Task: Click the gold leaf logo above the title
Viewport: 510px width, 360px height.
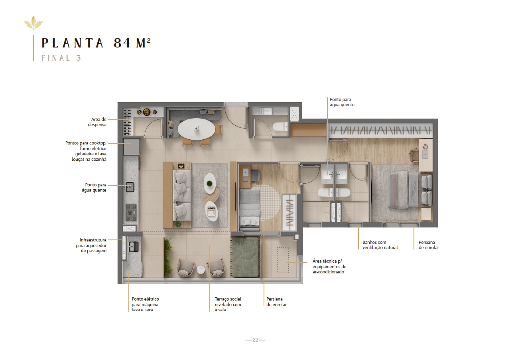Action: pyautogui.click(x=34, y=23)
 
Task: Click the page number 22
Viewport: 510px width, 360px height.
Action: pyautogui.click(x=255, y=340)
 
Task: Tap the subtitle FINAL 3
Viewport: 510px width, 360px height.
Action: pyautogui.click(x=61, y=58)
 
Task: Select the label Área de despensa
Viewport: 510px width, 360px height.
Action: pyautogui.click(x=97, y=122)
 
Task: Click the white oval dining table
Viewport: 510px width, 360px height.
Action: pyautogui.click(x=196, y=129)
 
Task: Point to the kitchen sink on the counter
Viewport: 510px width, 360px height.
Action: pyautogui.click(x=130, y=187)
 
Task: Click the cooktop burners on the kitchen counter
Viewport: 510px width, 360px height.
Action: pyautogui.click(x=131, y=212)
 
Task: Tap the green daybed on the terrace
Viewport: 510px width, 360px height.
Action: pyautogui.click(x=245, y=257)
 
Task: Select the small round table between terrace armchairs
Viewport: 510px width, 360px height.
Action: pyautogui.click(x=201, y=269)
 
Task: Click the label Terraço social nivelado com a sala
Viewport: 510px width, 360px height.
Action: pyautogui.click(x=228, y=305)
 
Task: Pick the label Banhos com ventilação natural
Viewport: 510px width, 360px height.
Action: pyautogui.click(x=380, y=245)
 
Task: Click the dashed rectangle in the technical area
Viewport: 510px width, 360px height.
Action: pyautogui.click(x=283, y=260)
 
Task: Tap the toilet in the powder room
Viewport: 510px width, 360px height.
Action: pyautogui.click(x=280, y=127)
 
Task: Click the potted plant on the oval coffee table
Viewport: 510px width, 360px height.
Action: pyautogui.click(x=209, y=184)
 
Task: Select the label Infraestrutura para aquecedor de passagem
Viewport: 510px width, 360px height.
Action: pyautogui.click(x=91, y=245)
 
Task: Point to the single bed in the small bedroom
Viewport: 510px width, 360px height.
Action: pyautogui.click(x=250, y=210)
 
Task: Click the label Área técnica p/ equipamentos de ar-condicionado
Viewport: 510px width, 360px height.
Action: pyautogui.click(x=329, y=267)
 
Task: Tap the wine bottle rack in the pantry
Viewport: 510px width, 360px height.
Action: pyautogui.click(x=128, y=122)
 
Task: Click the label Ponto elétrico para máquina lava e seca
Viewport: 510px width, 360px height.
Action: pyautogui.click(x=145, y=305)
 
